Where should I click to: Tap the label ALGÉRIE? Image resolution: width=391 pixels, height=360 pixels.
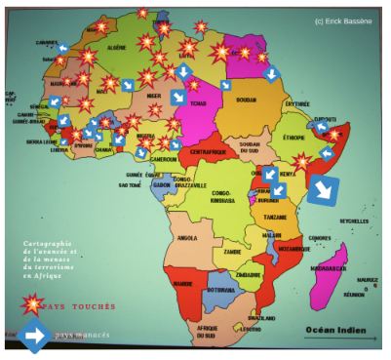pyautogui.click(x=116, y=48)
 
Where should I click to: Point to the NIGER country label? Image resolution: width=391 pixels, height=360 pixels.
pyautogui.click(x=153, y=97)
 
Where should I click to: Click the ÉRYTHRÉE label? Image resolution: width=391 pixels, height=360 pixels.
pyautogui.click(x=295, y=103)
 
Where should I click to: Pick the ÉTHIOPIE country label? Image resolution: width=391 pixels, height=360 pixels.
pyautogui.click(x=294, y=139)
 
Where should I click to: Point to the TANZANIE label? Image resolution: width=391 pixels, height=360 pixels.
pyautogui.click(x=275, y=218)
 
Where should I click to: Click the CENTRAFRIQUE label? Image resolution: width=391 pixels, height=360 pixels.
pyautogui.click(x=207, y=153)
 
